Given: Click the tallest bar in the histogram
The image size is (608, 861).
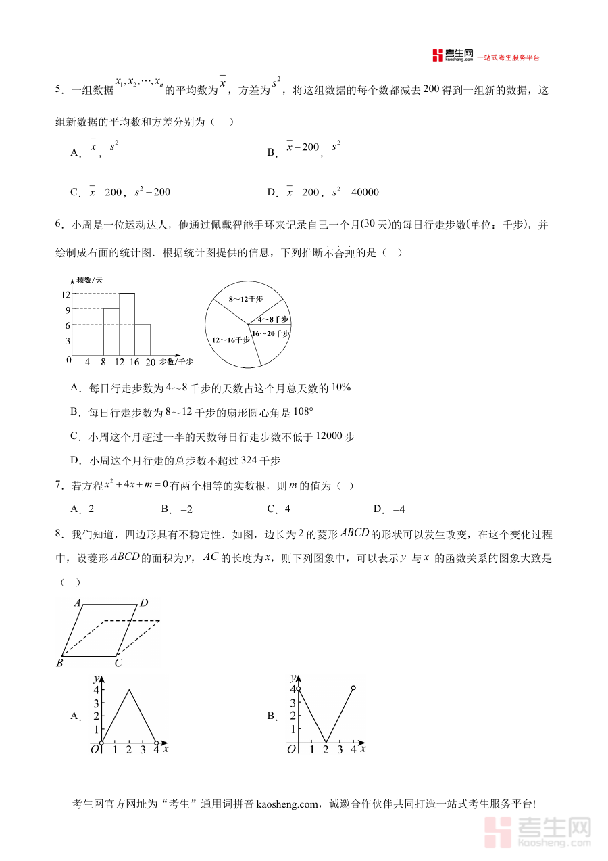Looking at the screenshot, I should tap(126, 323).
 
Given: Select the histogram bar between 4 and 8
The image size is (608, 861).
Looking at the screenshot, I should tap(95, 347).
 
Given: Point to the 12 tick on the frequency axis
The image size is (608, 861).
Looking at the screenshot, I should tap(66, 294).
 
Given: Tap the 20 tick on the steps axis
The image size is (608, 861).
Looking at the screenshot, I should tap(151, 363).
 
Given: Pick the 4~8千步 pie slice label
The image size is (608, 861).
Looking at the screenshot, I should tap(273, 319).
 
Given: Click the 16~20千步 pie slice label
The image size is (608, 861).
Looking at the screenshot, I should tap(271, 333).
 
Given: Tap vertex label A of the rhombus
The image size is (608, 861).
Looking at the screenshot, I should tap(78, 603).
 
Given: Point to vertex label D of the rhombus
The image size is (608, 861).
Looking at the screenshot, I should tap(144, 603).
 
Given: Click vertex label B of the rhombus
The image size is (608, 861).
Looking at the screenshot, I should tap(59, 663).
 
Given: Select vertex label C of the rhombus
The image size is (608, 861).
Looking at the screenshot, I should tap(118, 663).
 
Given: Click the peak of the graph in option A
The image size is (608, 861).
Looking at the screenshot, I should tap(128, 689).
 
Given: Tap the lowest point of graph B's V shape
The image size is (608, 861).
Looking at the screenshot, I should tap(326, 742).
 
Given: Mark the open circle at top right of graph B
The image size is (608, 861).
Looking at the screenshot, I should tap(353, 688).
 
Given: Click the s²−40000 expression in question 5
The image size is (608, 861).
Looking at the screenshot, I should tap(355, 192).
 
